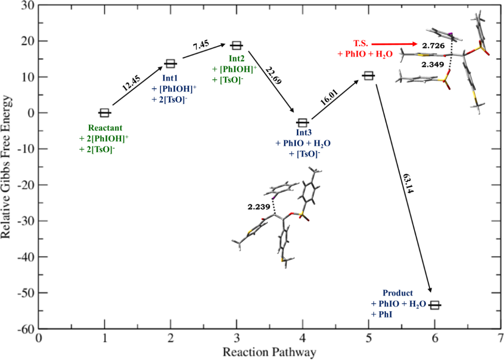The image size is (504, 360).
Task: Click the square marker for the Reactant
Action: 104,113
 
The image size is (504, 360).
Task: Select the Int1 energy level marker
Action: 170,64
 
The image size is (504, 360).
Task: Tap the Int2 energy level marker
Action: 237,45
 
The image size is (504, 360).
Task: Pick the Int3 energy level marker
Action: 302,122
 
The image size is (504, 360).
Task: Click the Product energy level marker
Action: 435,305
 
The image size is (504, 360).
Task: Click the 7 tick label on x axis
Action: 500,339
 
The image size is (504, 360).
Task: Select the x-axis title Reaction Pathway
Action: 269,352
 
